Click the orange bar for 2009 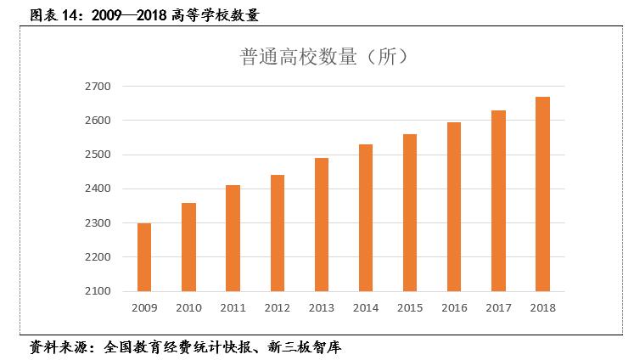(x=144, y=257)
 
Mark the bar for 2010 (x=188, y=247)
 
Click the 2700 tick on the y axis (x=99, y=87)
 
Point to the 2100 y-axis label (x=99, y=291)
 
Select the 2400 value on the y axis (x=99, y=188)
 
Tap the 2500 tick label (x=99, y=155)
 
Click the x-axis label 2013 (x=321, y=307)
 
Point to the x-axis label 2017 (x=498, y=307)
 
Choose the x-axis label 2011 (x=233, y=307)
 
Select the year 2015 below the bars (x=410, y=307)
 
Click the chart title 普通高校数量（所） (x=327, y=56)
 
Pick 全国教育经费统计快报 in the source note (x=174, y=347)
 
